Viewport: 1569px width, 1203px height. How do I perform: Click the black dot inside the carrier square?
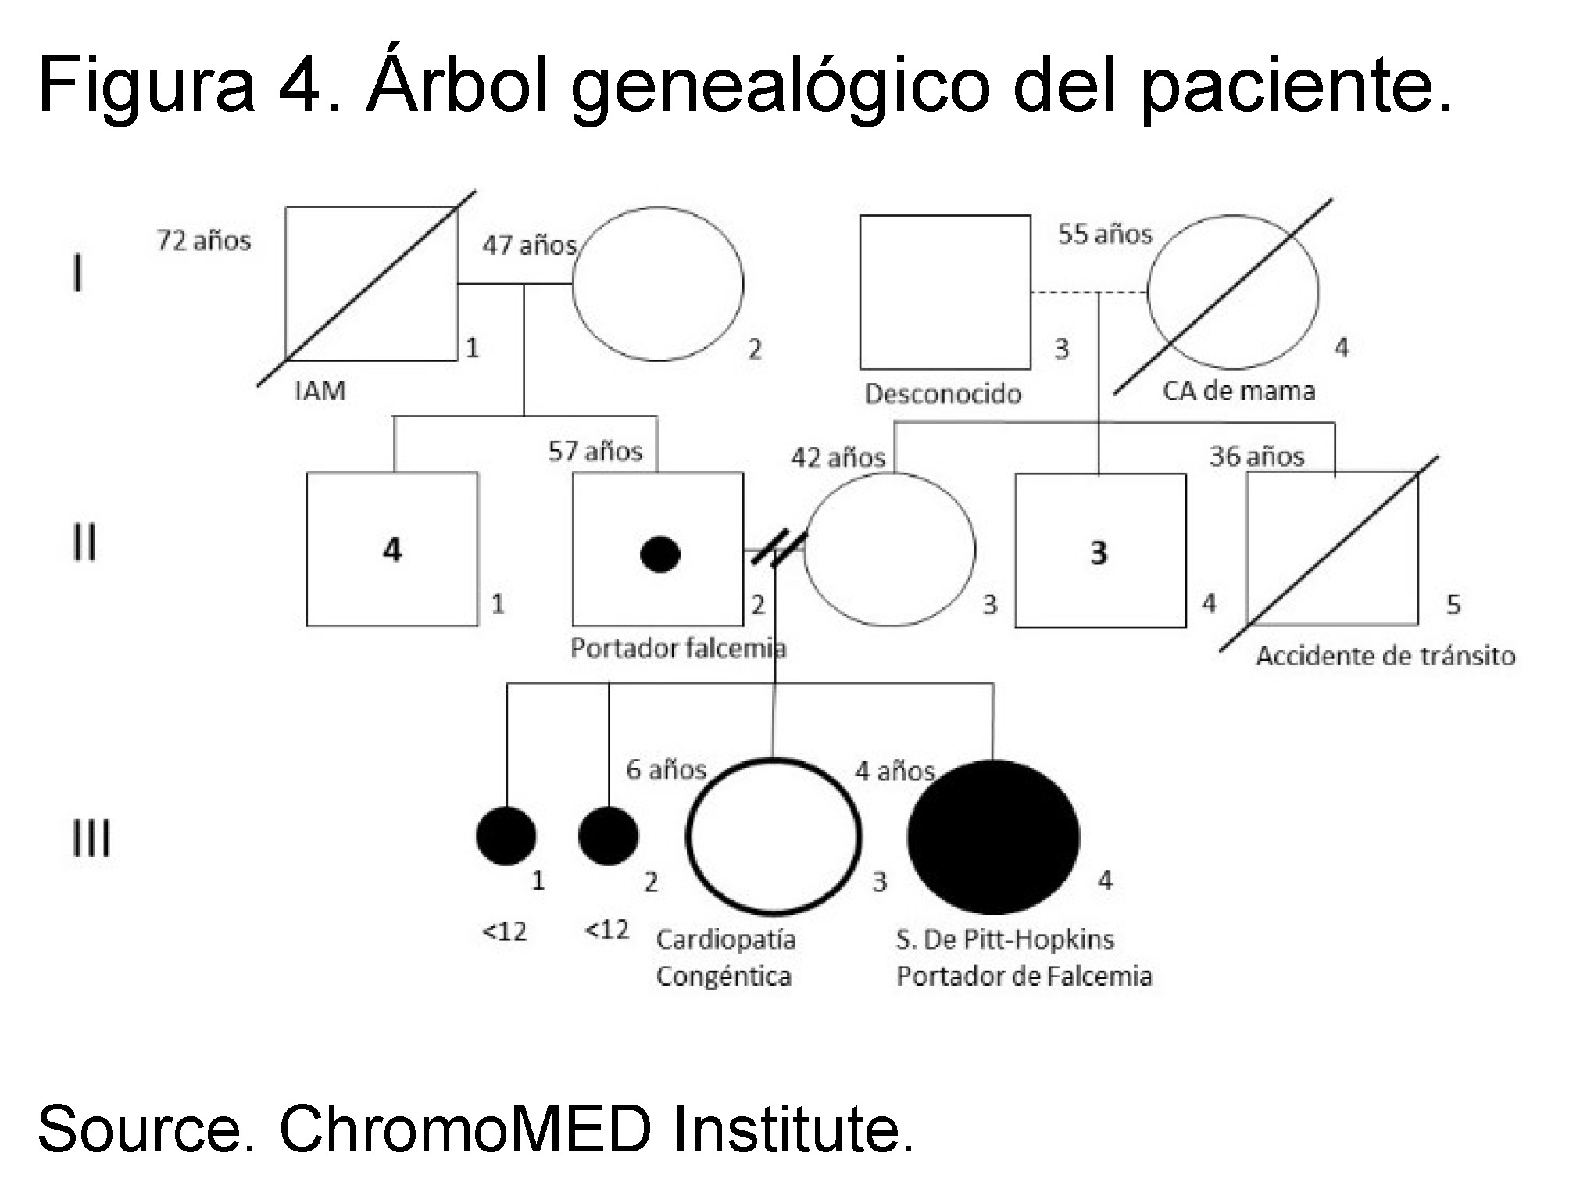[x=659, y=554]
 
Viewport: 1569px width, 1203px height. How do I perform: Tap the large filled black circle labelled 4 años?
[x=993, y=836]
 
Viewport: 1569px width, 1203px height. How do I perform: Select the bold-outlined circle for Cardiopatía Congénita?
[x=774, y=836]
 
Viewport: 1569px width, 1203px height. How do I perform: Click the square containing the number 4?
[x=392, y=549]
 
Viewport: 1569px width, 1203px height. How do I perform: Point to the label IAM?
[x=320, y=390]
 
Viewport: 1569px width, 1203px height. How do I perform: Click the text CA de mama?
[x=1238, y=390]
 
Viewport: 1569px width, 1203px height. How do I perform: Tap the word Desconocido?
[x=943, y=393]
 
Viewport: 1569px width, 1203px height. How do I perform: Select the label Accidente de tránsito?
[x=1385, y=655]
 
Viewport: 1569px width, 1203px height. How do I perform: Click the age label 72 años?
[x=204, y=240]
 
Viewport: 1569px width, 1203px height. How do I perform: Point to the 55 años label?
[x=1105, y=234]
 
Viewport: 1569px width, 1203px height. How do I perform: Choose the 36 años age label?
[x=1256, y=456]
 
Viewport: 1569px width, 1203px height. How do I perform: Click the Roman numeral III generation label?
[x=91, y=839]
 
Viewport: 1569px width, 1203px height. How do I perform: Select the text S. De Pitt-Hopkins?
[x=1004, y=939]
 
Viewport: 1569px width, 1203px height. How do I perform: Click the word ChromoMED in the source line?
[x=465, y=1129]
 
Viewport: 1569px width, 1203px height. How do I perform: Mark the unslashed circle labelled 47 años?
[x=658, y=284]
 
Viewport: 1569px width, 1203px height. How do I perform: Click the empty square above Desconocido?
[x=945, y=292]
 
